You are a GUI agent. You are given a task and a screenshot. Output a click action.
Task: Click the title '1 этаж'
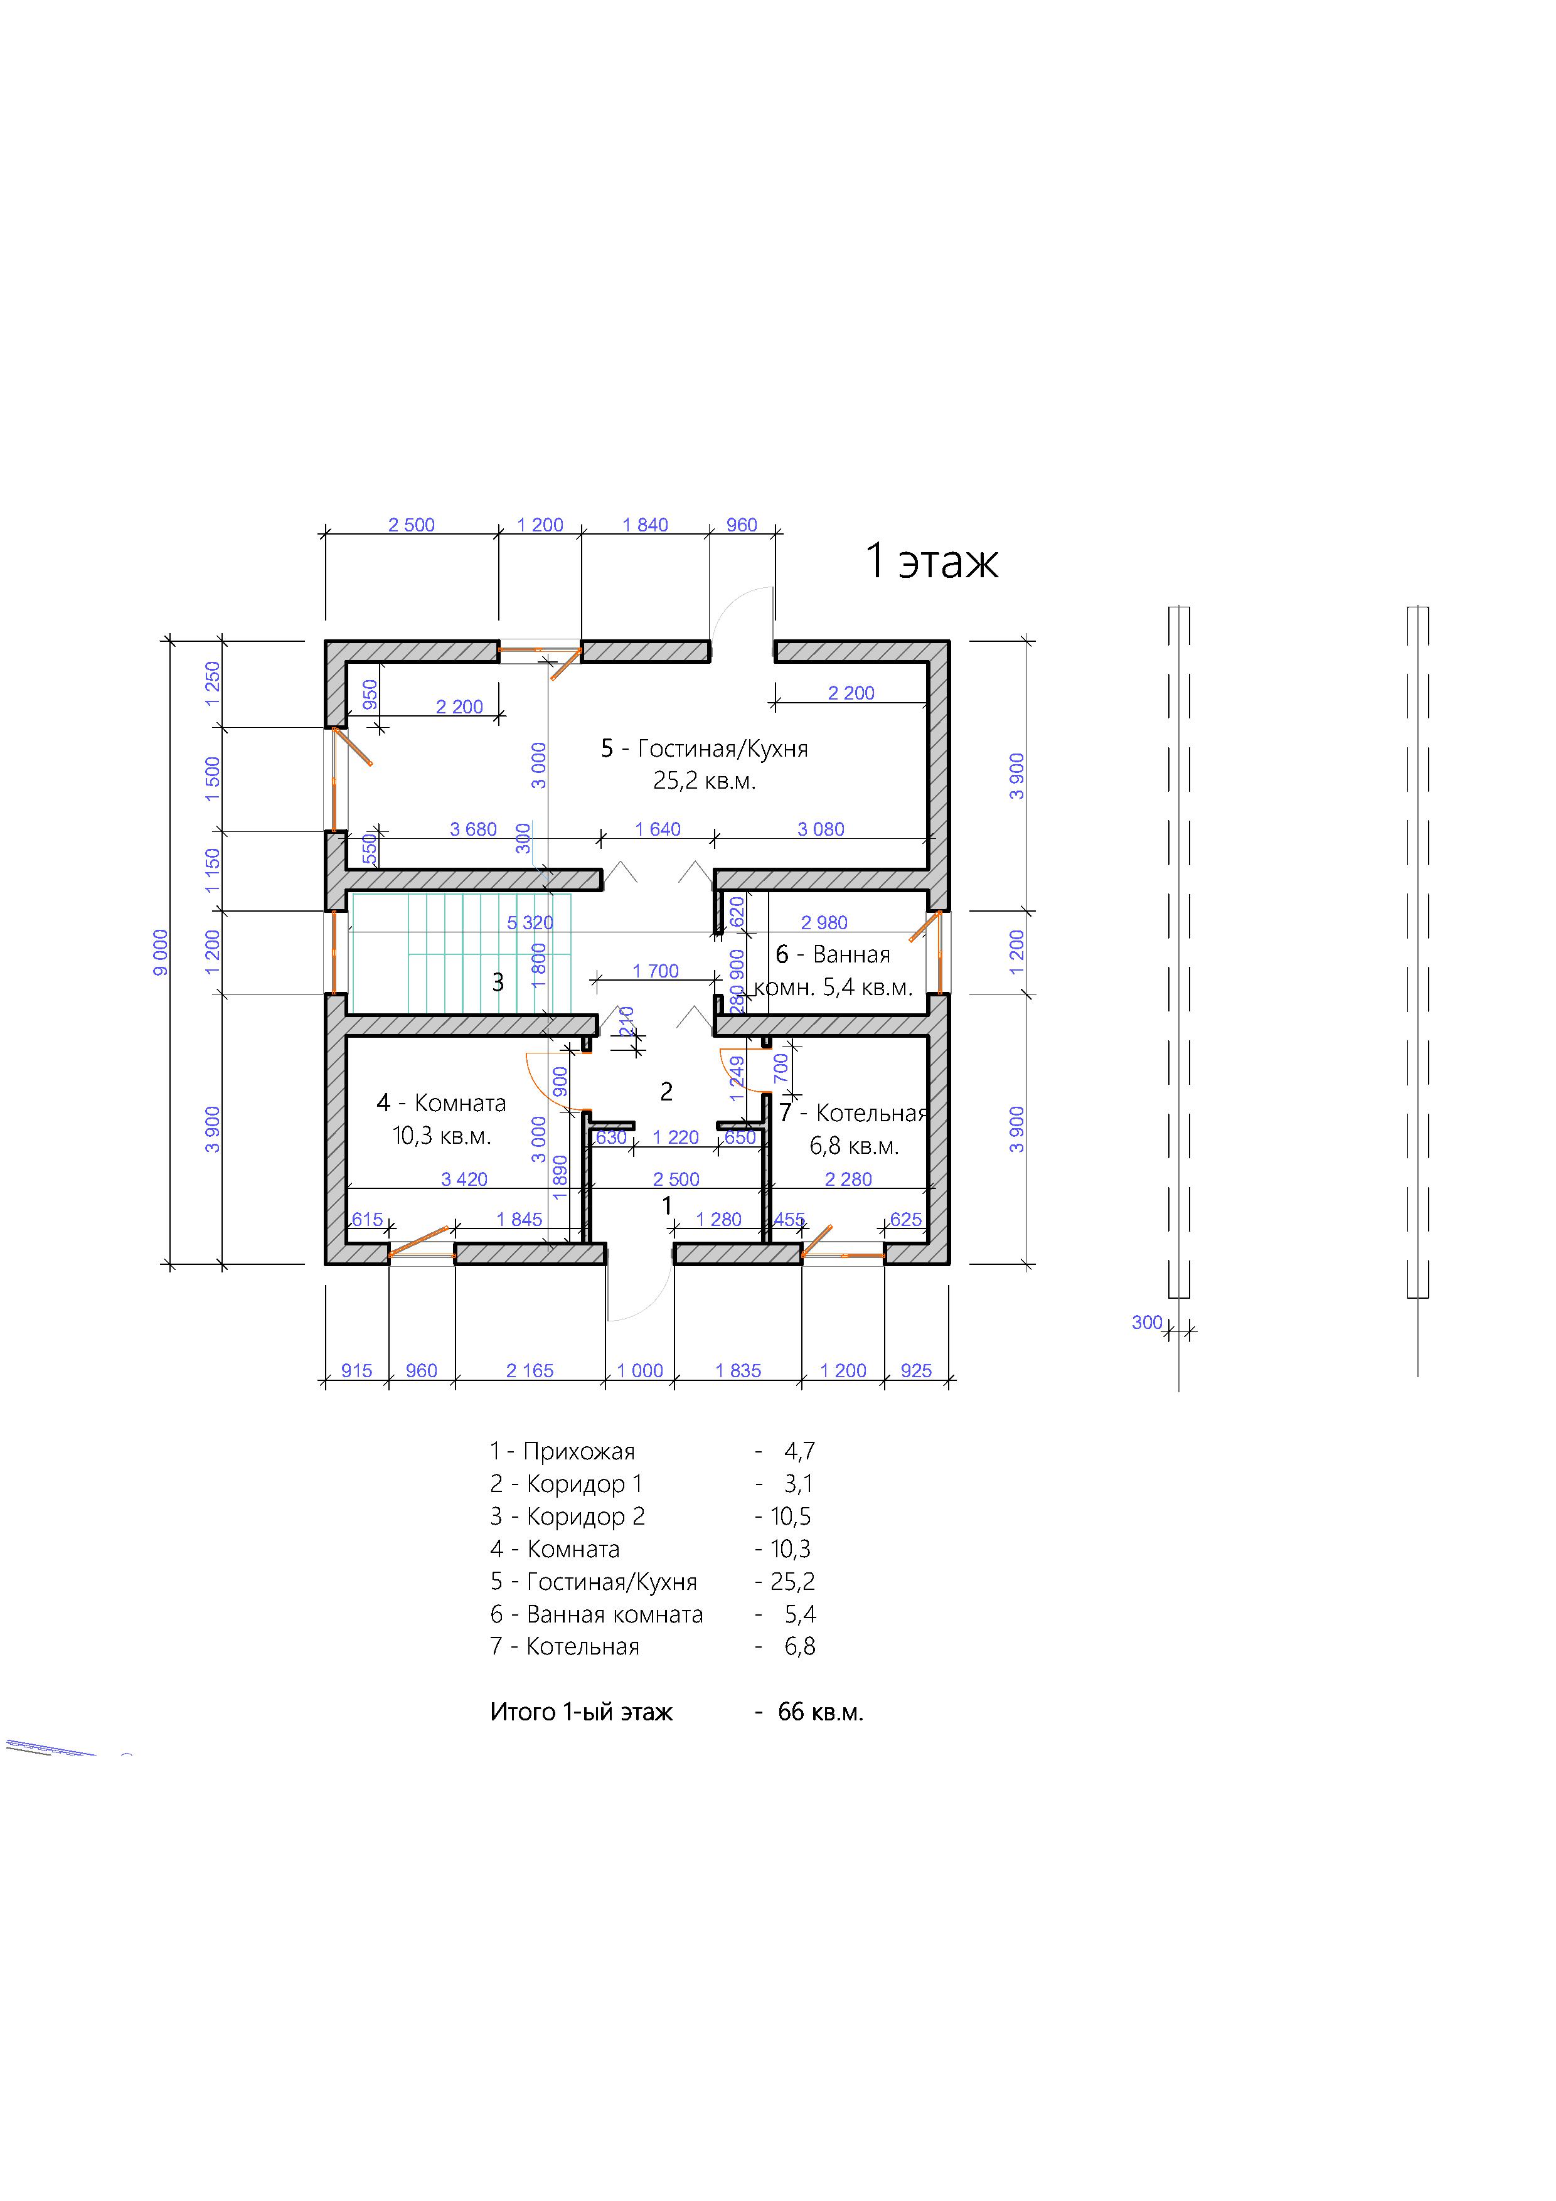[931, 561]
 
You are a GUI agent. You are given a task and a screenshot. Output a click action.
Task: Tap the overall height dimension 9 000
[161, 952]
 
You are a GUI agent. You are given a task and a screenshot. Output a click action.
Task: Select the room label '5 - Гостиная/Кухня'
[705, 749]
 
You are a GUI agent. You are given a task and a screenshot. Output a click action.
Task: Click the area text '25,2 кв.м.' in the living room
[705, 781]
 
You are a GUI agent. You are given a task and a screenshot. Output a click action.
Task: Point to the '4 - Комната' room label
[441, 1104]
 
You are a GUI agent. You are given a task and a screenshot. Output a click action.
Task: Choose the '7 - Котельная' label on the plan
[853, 1113]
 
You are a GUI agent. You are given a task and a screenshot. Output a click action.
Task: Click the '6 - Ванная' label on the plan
[833, 955]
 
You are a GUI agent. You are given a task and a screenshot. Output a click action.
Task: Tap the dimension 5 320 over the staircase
[530, 923]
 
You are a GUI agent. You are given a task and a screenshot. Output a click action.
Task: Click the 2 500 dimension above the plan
[412, 525]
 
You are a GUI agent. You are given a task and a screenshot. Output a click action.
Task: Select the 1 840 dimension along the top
[645, 525]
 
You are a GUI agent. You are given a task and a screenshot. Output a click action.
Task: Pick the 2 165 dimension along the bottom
[530, 1371]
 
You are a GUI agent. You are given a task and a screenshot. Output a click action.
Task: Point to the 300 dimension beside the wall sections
[1147, 1322]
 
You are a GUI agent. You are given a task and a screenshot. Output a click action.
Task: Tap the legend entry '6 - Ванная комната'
[596, 1614]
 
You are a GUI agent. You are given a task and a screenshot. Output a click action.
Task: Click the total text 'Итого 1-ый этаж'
[582, 1712]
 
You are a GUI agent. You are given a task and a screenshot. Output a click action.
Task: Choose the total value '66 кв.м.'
[821, 1712]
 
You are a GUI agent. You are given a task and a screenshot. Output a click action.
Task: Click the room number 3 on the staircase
[498, 982]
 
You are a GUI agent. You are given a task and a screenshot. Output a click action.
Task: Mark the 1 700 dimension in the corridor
[656, 971]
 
